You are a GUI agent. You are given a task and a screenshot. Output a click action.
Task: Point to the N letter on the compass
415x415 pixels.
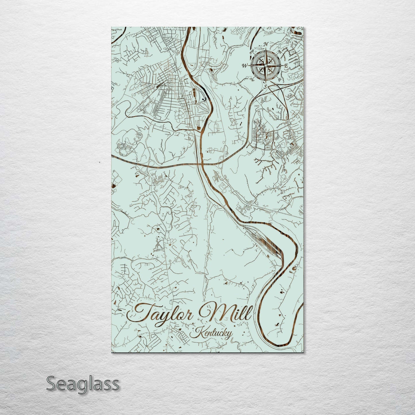[266, 44]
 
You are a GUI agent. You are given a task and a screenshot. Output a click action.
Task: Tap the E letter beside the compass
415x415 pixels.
[286, 66]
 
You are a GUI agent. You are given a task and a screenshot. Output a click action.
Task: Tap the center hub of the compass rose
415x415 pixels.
[266, 66]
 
